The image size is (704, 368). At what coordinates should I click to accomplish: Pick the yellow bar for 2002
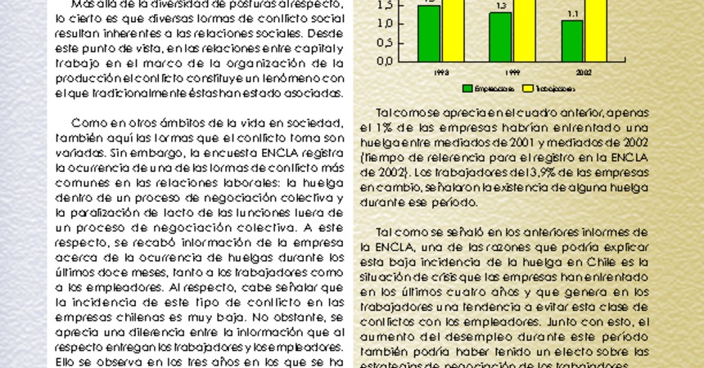coord(596,29)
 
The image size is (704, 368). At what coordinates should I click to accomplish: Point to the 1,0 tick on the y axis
coord(383,23)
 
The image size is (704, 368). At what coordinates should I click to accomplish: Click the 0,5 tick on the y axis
coord(383,42)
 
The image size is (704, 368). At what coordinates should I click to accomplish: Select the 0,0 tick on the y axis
coord(383,61)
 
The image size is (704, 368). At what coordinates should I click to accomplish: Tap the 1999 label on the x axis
coord(512,72)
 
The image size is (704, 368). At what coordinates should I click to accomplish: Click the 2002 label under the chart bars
coord(584,72)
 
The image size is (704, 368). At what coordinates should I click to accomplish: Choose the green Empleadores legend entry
coord(490,88)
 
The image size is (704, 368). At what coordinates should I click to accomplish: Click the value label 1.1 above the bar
coord(572,14)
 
